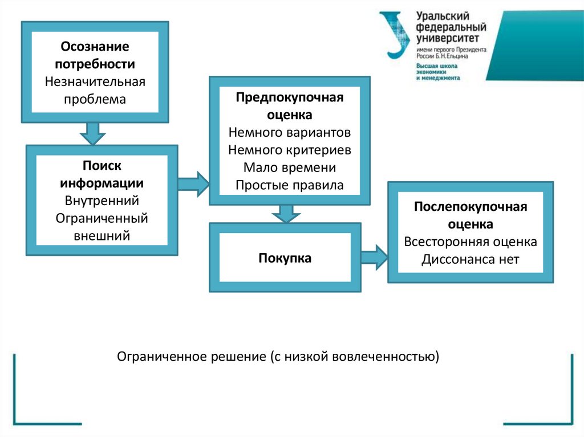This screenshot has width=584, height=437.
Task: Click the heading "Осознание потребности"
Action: pyautogui.click(x=95, y=55)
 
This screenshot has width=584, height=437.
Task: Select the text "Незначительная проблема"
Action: pyautogui.click(x=95, y=90)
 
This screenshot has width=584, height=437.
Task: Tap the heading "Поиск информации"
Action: pyautogui.click(x=102, y=174)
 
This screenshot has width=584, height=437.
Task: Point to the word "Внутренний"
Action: pyautogui.click(x=102, y=201)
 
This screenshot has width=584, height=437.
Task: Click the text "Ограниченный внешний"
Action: pyautogui.click(x=102, y=227)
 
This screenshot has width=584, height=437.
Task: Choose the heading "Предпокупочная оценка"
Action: pyautogui.click(x=289, y=106)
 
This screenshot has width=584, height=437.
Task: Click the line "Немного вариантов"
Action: pyautogui.click(x=289, y=133)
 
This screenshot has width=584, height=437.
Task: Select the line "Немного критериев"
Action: pyautogui.click(x=289, y=150)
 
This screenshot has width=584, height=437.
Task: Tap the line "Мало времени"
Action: pyautogui.click(x=289, y=168)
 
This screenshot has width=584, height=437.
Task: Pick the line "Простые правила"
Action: pyautogui.click(x=289, y=185)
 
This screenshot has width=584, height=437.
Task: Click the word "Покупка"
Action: pyautogui.click(x=285, y=258)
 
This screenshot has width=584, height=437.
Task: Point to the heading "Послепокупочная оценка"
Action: pyautogui.click(x=471, y=215)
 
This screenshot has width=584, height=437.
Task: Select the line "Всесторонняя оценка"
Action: pyautogui.click(x=471, y=242)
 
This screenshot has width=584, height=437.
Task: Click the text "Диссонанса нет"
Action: pyautogui.click(x=471, y=260)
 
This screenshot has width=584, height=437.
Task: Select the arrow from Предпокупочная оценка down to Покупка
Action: pyautogui.click(x=285, y=214)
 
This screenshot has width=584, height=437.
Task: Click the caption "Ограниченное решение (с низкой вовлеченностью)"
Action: pyautogui.click(x=278, y=357)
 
